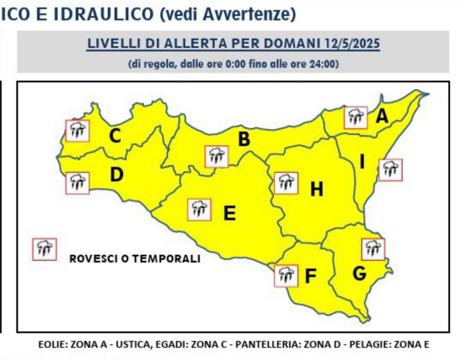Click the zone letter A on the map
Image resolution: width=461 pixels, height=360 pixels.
click(381, 117)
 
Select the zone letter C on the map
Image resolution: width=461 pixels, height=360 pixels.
click(115, 135)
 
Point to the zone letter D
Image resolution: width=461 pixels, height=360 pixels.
click(116, 175)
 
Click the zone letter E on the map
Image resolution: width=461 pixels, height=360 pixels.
click(229, 213)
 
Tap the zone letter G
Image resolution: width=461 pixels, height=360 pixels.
click(359, 273)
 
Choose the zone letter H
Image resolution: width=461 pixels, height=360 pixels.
click(317, 189)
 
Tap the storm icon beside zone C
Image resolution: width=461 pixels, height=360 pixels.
click(78, 131)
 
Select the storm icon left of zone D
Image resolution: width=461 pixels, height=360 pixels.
click(78, 183)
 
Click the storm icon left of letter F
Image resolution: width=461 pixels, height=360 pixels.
click(286, 276)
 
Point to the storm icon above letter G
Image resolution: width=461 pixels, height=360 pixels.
click(373, 249)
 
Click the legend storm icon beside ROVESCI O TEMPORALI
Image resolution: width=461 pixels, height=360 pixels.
click(45, 249)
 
